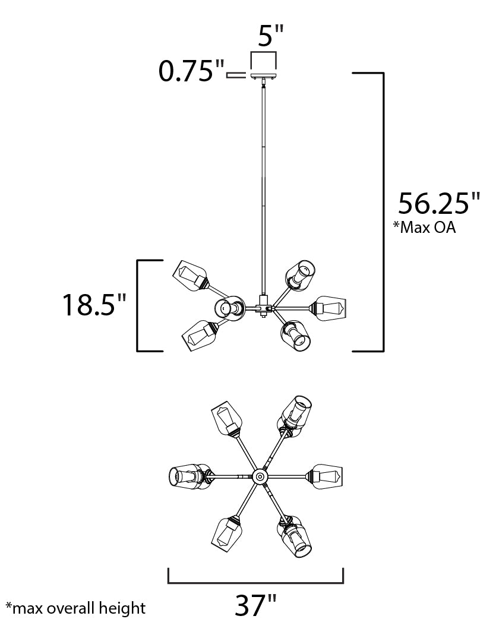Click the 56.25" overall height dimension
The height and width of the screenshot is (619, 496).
[438, 204]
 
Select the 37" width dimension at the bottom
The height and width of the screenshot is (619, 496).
[256, 605]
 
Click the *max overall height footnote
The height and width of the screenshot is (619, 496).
[75, 608]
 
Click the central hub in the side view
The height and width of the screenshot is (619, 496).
[262, 307]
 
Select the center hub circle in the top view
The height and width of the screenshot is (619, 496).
[260, 476]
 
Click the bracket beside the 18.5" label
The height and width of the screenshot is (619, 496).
[140, 306]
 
